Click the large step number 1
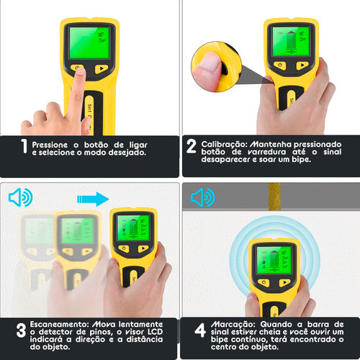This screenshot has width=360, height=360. point(24,146)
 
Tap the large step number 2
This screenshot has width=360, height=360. point(192,146)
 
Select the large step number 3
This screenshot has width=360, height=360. point(21,330)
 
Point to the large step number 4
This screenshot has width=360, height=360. point(200,330)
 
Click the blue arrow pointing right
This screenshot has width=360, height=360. point(93,199)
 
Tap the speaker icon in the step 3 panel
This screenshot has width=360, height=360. point(21,197)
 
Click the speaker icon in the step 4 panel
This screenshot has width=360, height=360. point(203,197)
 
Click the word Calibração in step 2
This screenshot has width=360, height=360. point(224,144)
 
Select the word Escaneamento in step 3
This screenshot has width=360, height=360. point(59,324)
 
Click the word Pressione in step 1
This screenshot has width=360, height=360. point(50,145)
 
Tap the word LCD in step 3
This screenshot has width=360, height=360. point(155,332)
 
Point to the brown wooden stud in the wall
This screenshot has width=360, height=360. point(275,197)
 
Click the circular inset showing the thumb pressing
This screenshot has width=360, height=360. point(216,66)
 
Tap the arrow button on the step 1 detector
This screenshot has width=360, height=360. point(102,69)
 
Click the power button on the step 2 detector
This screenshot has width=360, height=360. point(280,66)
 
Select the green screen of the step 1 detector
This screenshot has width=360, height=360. point(89,42)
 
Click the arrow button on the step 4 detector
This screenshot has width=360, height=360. point(285,282)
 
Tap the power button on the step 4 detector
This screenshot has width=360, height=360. point(264,282)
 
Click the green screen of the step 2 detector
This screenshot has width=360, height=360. point(291,41)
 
